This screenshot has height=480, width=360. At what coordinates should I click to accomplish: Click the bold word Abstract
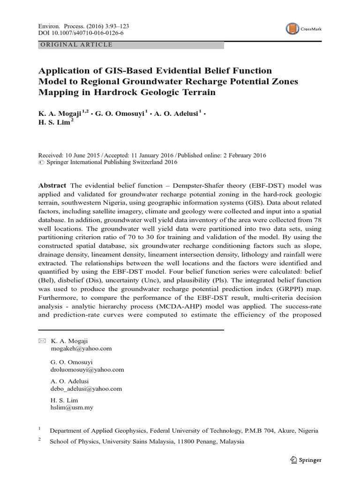click(52, 186)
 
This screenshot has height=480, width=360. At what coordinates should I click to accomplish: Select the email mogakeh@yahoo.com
click(81, 349)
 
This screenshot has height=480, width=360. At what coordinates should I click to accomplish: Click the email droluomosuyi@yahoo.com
click(87, 370)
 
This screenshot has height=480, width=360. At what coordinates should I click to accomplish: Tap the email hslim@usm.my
click(71, 408)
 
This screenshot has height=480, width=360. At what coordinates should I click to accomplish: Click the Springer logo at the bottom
click(305, 460)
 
